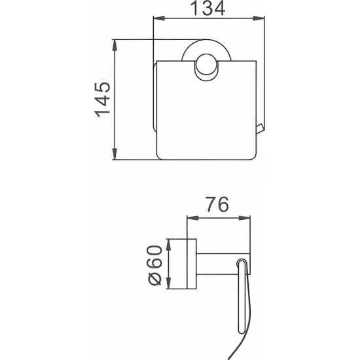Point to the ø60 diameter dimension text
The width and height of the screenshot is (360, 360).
[156, 264]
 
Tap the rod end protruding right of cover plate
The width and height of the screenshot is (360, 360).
[261, 130]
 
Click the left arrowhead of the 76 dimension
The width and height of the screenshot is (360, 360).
[190, 218]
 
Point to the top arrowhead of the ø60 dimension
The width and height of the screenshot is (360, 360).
[169, 242]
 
